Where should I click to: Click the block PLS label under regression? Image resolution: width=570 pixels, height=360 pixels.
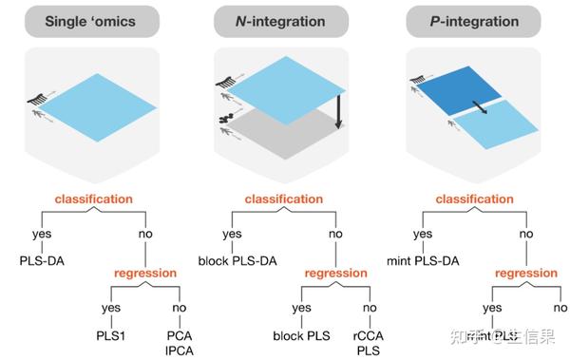pos(300,333)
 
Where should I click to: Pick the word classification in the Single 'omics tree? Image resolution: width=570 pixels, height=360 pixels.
pos(93,199)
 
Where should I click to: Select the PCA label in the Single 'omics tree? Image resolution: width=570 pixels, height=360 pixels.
pos(177,333)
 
